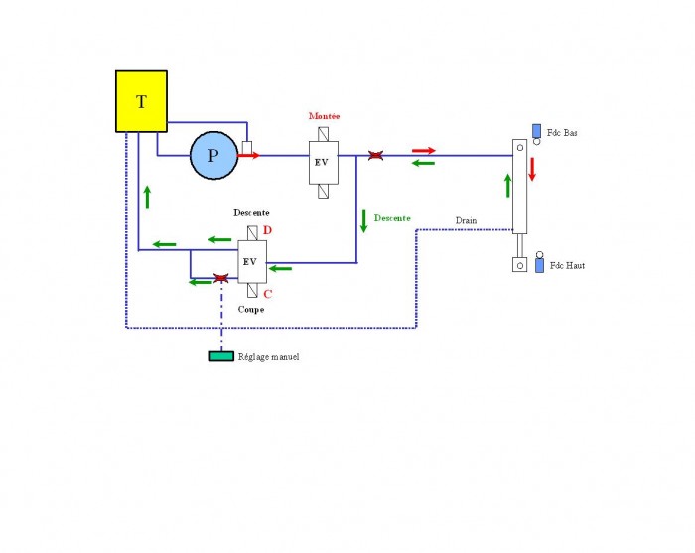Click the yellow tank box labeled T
141,101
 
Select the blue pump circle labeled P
214,155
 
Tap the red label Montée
324,116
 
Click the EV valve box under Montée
324,163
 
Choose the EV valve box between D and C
252,262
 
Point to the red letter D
267,230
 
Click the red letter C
268,294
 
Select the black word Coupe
251,310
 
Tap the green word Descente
392,218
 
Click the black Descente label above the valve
251,213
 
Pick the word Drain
467,220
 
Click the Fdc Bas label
562,132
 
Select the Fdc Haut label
567,265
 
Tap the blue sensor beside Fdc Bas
536,131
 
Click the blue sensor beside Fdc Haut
539,265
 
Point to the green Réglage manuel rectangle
221,356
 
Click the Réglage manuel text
269,357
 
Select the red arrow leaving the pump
248,155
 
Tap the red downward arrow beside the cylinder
532,169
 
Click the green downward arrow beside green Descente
364,221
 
